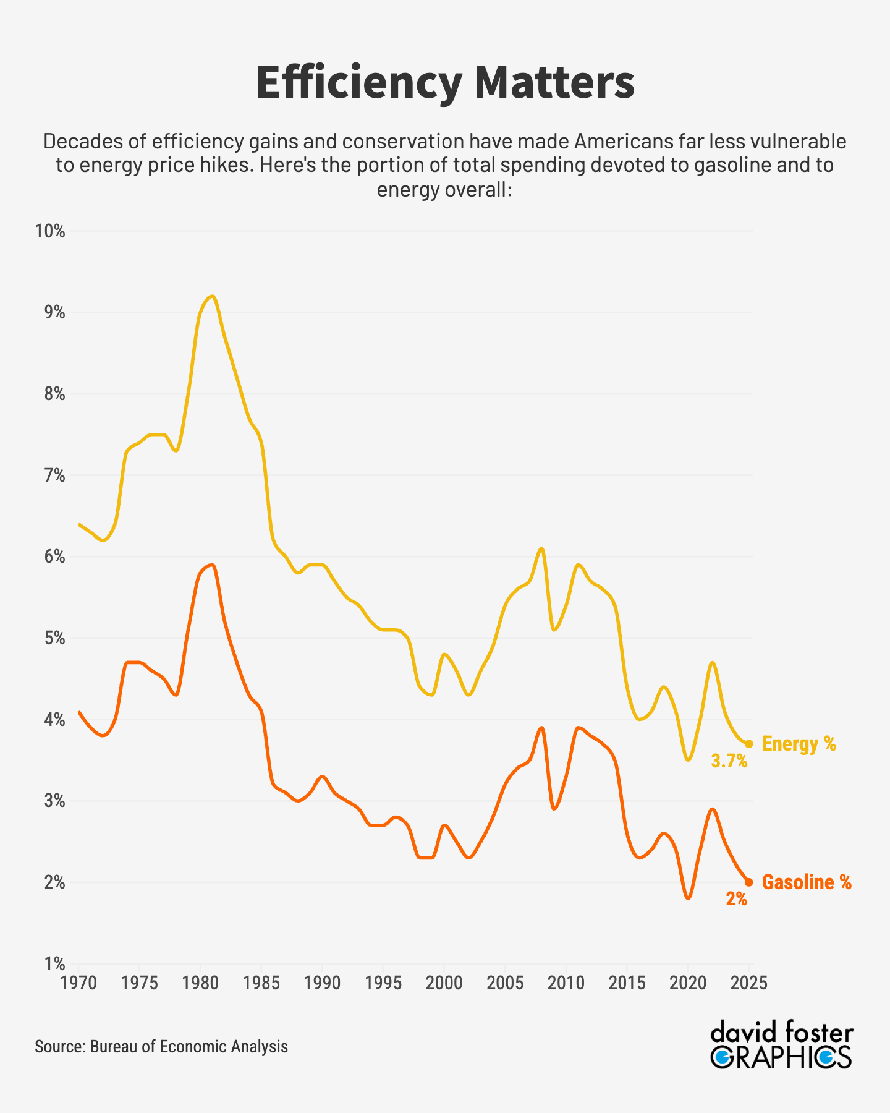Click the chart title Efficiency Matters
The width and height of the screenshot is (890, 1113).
pos(445,82)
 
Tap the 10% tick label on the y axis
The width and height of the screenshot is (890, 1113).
pos(50,232)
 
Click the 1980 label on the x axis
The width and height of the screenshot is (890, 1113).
pos(200,983)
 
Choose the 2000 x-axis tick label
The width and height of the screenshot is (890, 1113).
pos(444,983)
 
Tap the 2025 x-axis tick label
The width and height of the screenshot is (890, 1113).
pos(748,983)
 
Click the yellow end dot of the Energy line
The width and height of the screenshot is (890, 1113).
pos(748,744)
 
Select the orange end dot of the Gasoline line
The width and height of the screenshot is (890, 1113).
pos(748,882)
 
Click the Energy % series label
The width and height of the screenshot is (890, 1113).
pos(799,744)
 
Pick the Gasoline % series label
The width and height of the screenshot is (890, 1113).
pos(807,882)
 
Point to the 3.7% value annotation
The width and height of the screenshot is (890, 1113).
pos(729,761)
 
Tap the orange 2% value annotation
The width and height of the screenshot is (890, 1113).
pos(736,899)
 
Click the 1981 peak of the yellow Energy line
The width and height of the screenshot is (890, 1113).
pos(212,296)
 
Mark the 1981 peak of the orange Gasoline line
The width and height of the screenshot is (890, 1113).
pos(212,565)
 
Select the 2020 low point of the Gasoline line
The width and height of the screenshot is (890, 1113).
pos(688,898)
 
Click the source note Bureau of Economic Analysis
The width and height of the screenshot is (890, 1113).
pos(161,1046)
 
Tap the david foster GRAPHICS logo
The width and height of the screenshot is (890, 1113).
pos(781,1046)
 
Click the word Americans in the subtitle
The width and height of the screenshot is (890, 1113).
pos(625,142)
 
